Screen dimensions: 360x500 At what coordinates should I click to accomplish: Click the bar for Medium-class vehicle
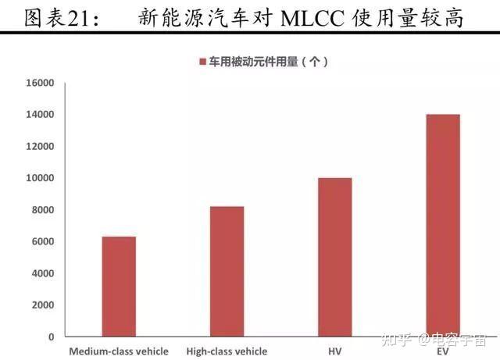(x=119, y=287)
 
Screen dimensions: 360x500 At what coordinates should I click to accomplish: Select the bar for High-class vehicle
(x=227, y=271)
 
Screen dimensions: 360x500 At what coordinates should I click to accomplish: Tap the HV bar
(x=334, y=257)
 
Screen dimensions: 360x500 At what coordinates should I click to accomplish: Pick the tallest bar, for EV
(x=442, y=225)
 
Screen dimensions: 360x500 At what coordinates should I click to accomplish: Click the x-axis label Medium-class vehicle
(x=119, y=351)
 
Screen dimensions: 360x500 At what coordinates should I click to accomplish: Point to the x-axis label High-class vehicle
(x=227, y=351)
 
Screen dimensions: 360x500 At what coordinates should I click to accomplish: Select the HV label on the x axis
(x=334, y=351)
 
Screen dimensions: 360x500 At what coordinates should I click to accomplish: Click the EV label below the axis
(x=442, y=351)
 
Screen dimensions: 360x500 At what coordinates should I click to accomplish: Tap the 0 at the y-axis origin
(x=51, y=337)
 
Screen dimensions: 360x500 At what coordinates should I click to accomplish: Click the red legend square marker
(x=202, y=61)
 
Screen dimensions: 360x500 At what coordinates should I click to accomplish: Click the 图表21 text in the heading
(x=53, y=17)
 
